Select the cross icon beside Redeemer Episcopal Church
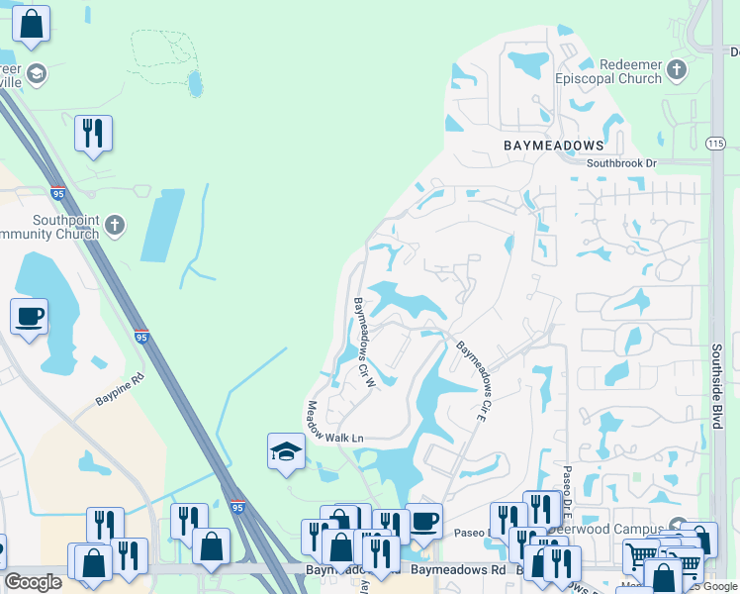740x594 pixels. pos(678,70)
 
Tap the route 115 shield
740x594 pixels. pos(715,145)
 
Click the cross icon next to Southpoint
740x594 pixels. pos(115,226)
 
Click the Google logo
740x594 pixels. pos(34,582)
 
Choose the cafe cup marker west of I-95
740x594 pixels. pos(29,317)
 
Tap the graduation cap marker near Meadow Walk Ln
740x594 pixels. pos(285,451)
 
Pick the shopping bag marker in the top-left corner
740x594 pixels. pos(32,25)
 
